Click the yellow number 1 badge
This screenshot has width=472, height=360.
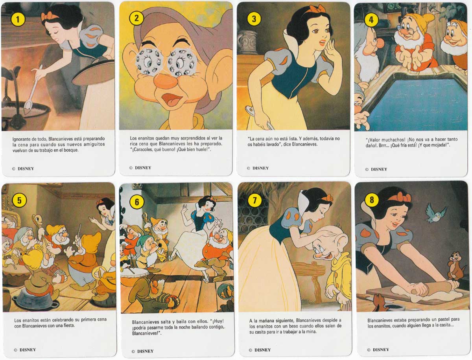(x=18, y=20)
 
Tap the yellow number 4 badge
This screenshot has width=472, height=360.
(x=371, y=20)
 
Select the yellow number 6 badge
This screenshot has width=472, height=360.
(x=136, y=202)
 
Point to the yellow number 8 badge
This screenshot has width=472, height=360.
(x=372, y=200)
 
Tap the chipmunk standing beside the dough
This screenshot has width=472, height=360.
(x=454, y=266)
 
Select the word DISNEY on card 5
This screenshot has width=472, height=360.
(x=28, y=350)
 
